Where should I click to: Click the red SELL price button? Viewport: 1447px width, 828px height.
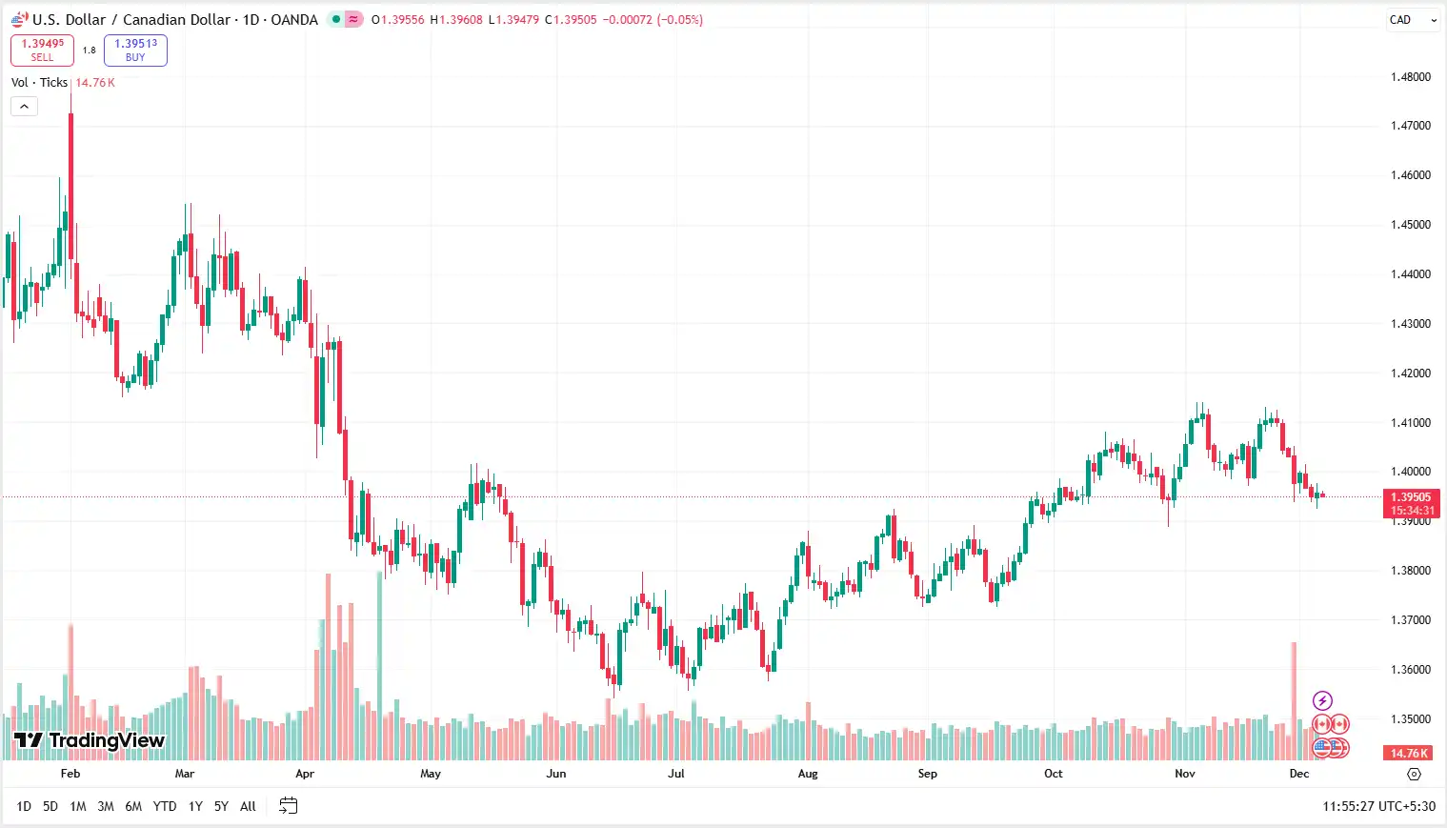42,50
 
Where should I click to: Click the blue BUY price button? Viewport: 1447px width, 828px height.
135,50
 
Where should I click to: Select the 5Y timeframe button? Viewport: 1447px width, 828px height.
221,806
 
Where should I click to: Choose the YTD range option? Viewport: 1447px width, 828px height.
165,806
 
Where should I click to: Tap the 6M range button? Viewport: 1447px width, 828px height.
133,806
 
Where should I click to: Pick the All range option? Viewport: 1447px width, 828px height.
248,806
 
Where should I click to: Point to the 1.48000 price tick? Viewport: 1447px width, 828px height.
1410,77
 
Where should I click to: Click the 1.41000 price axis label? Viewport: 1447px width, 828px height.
1410,422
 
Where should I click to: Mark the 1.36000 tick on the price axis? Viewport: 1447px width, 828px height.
1410,670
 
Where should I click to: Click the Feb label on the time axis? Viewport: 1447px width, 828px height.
70,774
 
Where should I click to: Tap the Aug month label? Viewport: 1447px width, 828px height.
808,774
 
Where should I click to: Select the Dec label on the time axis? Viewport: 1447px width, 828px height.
1299,774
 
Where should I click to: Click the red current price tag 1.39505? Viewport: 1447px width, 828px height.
1411,497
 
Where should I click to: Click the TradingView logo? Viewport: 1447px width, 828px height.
90,740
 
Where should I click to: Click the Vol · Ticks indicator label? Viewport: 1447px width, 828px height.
39,83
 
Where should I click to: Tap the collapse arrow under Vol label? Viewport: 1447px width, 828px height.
24,106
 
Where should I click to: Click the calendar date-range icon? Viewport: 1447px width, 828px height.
288,806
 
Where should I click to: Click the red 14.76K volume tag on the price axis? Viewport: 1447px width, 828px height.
1410,753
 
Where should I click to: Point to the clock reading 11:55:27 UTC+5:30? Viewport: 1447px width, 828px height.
1378,806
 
